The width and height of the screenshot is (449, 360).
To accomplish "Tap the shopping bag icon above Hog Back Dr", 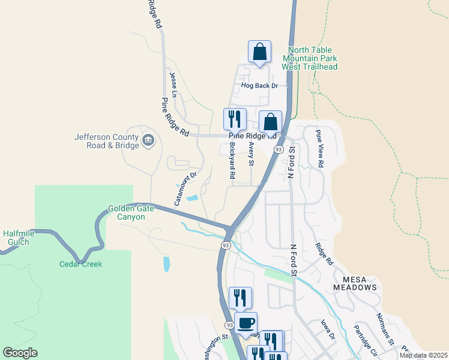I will point(259,52).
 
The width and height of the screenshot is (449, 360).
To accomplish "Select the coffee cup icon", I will point(245,324).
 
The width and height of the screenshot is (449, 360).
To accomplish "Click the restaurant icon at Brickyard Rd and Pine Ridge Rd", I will point(235,118).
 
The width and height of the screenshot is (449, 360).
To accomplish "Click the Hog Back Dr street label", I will point(259,86).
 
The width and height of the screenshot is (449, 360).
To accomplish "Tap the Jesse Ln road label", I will point(173,85).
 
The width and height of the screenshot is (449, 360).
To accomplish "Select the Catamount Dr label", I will point(185,190).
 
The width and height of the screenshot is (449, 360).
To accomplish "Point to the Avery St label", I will point(252,155).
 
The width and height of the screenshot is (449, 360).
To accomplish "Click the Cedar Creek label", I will point(80,264).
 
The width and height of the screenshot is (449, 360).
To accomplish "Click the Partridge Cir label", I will point(364,340).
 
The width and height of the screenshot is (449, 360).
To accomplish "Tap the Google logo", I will point(20,353).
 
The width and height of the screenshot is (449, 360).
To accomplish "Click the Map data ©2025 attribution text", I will point(423,355).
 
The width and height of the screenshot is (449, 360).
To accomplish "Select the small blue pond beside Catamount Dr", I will point(193,198).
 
